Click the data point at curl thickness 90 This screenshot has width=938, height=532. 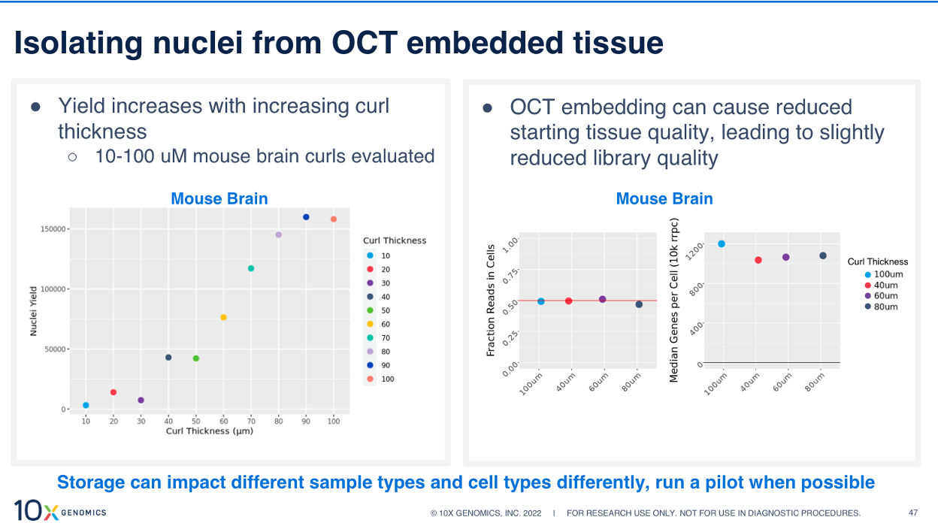pos(306,217)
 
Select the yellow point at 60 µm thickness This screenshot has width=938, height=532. pos(223,317)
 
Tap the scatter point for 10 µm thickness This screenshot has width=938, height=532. pos(86,405)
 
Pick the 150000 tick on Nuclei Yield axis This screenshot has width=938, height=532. pos(55,228)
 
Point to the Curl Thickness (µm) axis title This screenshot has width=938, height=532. pos(208,431)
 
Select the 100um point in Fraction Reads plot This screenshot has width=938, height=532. pos(541,301)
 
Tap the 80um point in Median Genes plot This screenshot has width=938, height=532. pos(823,255)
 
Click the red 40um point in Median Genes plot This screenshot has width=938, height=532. pos(758,260)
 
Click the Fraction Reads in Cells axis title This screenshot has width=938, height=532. pos(491,301)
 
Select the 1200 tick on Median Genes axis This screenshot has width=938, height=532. pos(695,246)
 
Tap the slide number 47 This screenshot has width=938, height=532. pos(913,513)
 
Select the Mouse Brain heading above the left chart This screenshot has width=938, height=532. pos(219,198)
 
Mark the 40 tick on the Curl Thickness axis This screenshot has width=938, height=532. pos(168,422)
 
